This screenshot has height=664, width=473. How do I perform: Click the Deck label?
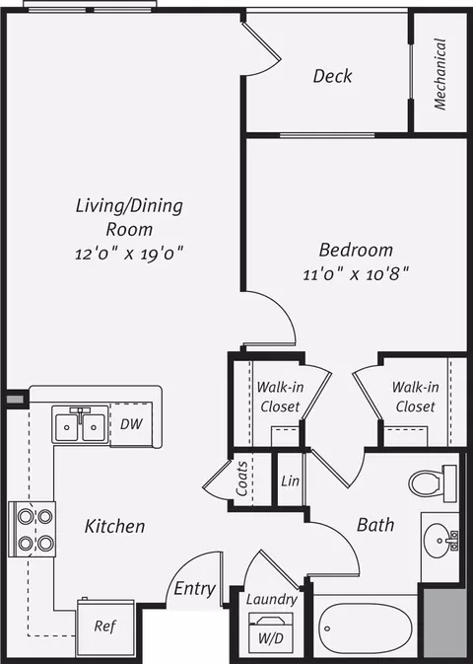click(332, 76)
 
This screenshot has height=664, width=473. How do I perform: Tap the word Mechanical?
click(440, 74)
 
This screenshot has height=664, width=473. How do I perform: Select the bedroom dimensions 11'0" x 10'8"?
click(356, 274)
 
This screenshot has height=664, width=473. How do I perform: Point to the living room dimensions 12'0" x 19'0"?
click(129, 254)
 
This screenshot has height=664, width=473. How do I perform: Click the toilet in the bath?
click(433, 483)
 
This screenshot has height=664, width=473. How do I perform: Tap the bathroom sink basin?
click(438, 541)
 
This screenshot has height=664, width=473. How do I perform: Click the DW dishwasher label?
click(131, 424)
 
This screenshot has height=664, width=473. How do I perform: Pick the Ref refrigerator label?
click(104, 626)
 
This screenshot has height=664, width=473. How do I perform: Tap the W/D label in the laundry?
click(271, 637)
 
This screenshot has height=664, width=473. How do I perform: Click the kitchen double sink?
click(81, 424)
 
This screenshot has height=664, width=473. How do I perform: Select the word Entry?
click(194, 589)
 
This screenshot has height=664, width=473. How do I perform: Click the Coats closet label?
click(241, 479)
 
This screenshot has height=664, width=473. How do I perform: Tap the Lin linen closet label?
click(291, 480)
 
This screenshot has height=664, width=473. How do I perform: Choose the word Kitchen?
click(114, 526)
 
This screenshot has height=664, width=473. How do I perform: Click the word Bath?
click(375, 525)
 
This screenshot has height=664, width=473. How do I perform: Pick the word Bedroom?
click(356, 250)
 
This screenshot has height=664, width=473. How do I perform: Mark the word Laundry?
click(272, 600)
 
